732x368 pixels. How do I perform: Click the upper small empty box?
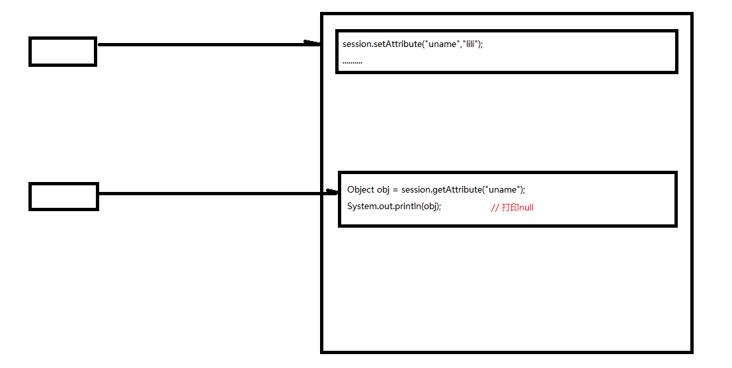(63, 52)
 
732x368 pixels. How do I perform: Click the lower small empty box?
(63, 197)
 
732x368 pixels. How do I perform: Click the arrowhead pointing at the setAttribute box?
(312, 44)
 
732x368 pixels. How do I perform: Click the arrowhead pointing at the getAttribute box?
(331, 193)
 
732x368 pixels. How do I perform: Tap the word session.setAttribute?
(382, 44)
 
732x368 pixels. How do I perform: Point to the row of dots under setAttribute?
(352, 62)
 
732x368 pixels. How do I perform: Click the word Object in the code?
(360, 190)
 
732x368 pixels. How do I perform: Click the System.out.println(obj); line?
(394, 206)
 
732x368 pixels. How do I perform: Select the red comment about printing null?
(512, 208)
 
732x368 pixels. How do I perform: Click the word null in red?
(526, 208)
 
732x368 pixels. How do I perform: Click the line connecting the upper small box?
(198, 44)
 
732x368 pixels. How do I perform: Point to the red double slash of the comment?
(495, 208)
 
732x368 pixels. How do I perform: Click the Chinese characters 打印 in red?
(510, 208)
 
